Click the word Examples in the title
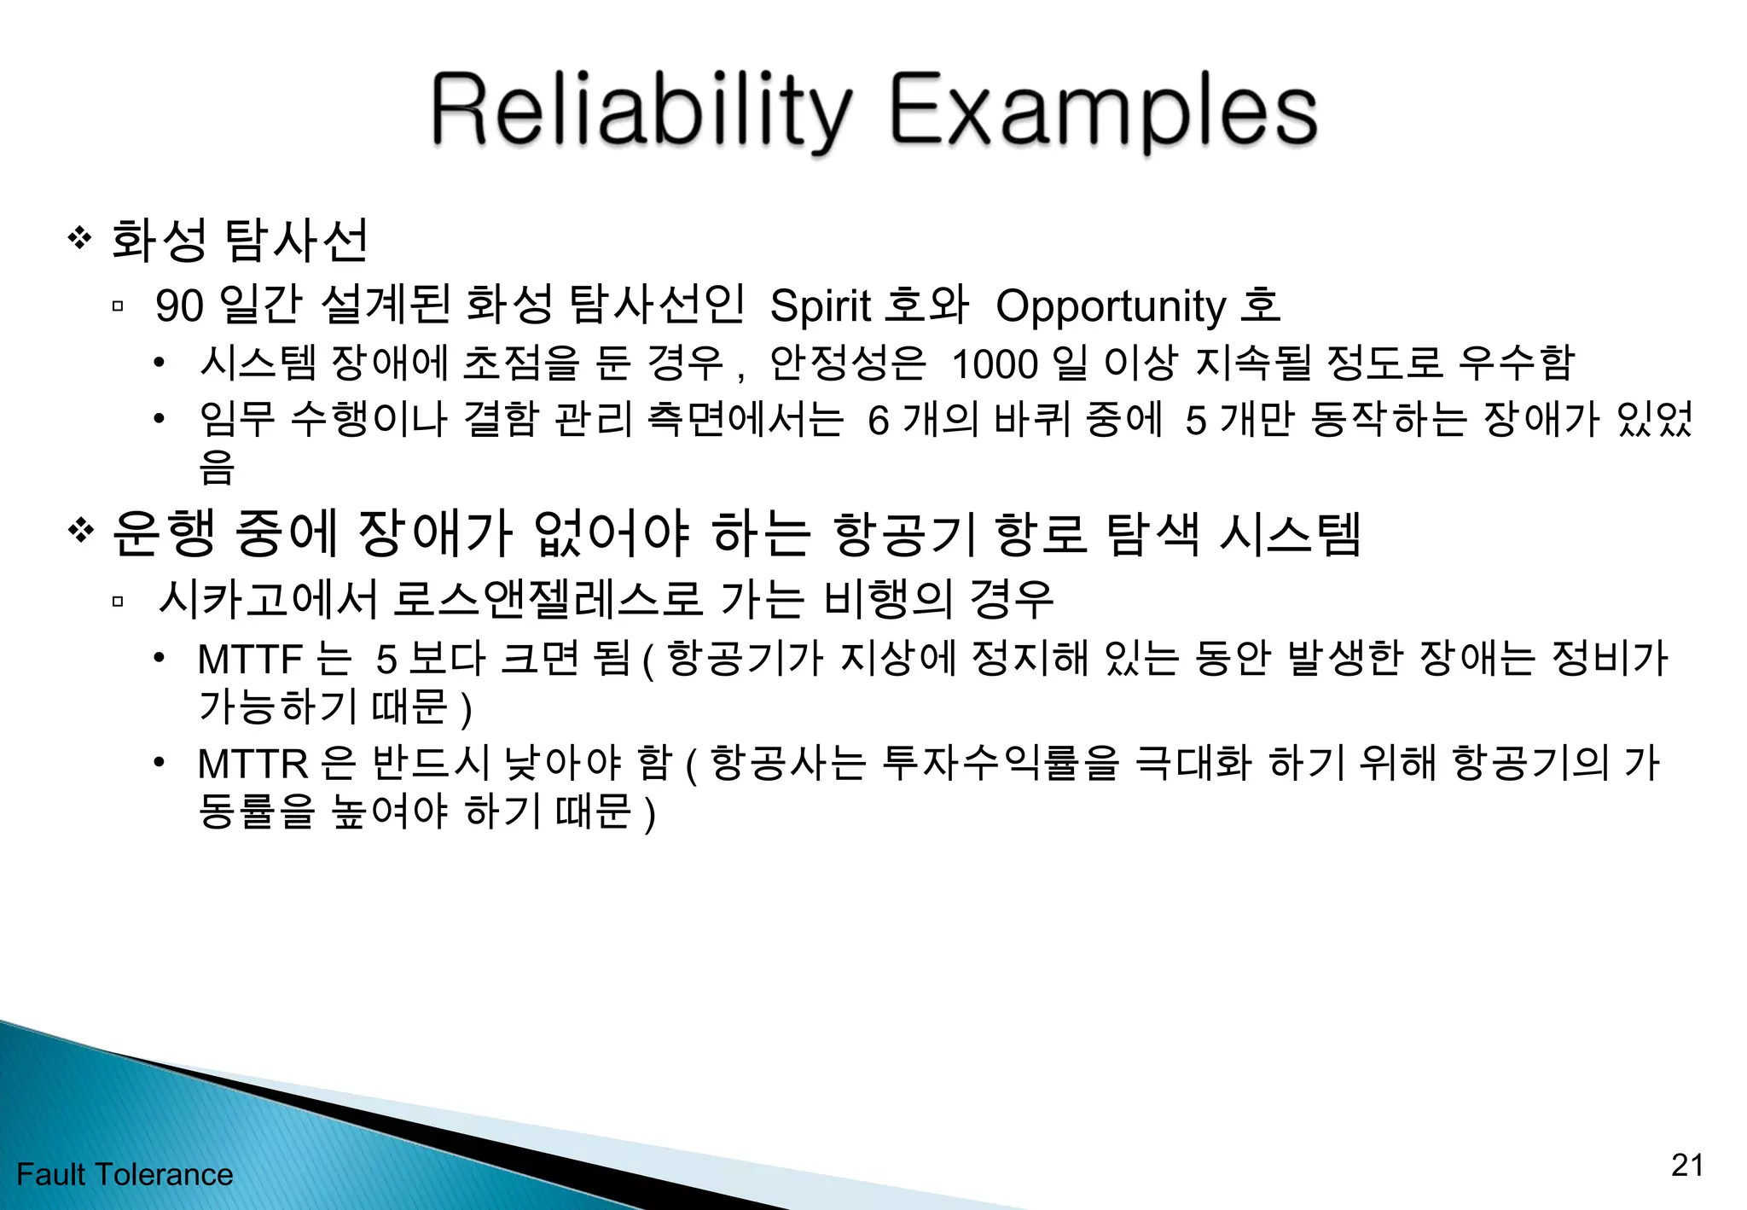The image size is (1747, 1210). pyautogui.click(x=1104, y=111)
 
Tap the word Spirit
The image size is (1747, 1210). pyautogui.click(x=820, y=305)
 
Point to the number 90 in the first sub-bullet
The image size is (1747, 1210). pyautogui.click(x=179, y=305)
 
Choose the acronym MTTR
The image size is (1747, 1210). pyautogui.click(x=252, y=763)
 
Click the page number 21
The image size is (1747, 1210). pyautogui.click(x=1686, y=1165)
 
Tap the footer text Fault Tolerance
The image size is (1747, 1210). pyautogui.click(x=125, y=1175)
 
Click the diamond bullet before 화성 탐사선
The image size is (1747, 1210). pyautogui.click(x=79, y=238)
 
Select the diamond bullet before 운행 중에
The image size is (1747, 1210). pyautogui.click(x=79, y=531)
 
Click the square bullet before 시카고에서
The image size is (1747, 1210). pyautogui.click(x=118, y=601)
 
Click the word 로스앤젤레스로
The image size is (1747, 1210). pyautogui.click(x=547, y=599)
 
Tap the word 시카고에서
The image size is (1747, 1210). pyautogui.click(x=267, y=599)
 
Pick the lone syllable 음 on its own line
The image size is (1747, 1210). pyautogui.click(x=216, y=467)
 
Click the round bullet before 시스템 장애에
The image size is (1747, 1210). pyautogui.click(x=159, y=364)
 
